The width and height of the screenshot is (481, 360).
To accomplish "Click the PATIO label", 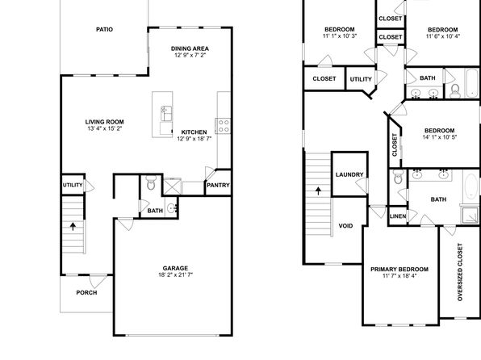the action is point(104,30).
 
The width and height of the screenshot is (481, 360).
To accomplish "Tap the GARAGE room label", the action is point(175,268).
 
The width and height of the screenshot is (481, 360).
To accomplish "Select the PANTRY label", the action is point(218,186).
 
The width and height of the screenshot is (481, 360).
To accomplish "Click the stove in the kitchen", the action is point(223,126).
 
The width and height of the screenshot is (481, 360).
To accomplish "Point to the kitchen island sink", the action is point(166,113).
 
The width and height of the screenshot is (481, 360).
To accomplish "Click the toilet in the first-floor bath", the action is point(151,183).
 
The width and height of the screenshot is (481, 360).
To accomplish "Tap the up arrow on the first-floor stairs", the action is point(73,227).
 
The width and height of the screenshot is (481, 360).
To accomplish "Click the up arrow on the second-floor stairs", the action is point(319,190).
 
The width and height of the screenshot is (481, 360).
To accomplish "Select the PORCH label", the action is point(86,293).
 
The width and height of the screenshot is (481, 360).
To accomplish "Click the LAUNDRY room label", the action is point(349,174).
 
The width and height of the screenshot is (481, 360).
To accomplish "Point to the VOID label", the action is point(345,226).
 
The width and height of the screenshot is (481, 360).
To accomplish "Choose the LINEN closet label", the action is point(398,216).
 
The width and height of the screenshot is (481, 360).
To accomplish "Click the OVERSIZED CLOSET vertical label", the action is point(460,272).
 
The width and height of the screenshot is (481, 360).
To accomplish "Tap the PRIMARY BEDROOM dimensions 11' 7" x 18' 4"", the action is point(399,276).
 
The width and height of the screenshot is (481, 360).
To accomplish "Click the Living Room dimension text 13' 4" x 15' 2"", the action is point(105,128).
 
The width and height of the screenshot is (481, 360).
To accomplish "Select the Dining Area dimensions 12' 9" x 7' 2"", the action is point(190,55).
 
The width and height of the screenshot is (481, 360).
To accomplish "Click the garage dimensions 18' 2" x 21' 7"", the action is point(175,274).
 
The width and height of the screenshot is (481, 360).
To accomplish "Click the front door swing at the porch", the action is point(98,282).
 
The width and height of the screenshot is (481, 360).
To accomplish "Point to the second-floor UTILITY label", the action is point(361,79).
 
